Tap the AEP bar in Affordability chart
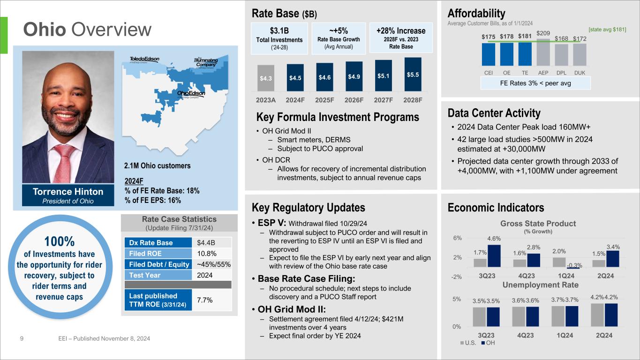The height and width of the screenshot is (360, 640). [x=543, y=52]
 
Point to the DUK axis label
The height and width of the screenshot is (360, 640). [x=580, y=73]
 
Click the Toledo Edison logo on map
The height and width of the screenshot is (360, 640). [x=144, y=60]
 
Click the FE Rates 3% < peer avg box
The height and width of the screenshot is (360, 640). [x=535, y=83]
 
